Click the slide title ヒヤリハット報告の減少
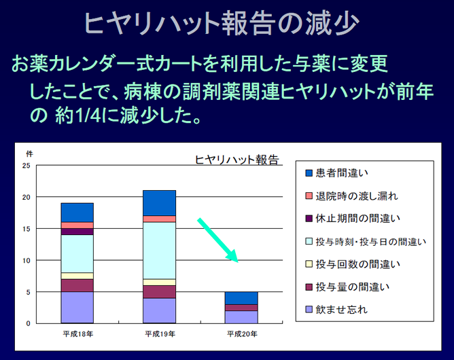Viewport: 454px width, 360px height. coord(222,23)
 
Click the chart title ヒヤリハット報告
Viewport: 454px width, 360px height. coord(237,160)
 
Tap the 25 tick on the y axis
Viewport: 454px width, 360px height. coord(27,166)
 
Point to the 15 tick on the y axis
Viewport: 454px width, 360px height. coord(27,229)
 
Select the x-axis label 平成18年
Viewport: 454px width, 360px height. coord(78,334)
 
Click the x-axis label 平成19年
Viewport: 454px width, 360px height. coord(160,334)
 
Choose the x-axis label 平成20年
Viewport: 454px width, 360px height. coord(242,334)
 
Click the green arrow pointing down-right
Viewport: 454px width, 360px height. coord(217,240)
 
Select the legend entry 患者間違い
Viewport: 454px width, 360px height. coord(336,173)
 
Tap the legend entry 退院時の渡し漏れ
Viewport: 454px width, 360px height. coord(351,196)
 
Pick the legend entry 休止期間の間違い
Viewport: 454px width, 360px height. coord(353,219)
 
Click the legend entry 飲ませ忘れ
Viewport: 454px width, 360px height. coord(336,310)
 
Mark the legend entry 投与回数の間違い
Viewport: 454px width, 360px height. coord(353,264)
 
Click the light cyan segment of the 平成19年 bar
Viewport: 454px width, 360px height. coord(159,251)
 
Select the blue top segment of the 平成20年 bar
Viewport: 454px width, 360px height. coord(241,298)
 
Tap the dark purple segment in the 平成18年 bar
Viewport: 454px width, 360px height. coord(77,232)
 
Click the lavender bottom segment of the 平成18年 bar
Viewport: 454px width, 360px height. coord(77,308)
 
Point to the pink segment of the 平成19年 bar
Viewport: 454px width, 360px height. coord(159,219)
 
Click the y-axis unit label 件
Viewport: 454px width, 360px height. coord(29,154)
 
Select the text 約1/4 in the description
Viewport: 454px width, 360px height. coord(78,115)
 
